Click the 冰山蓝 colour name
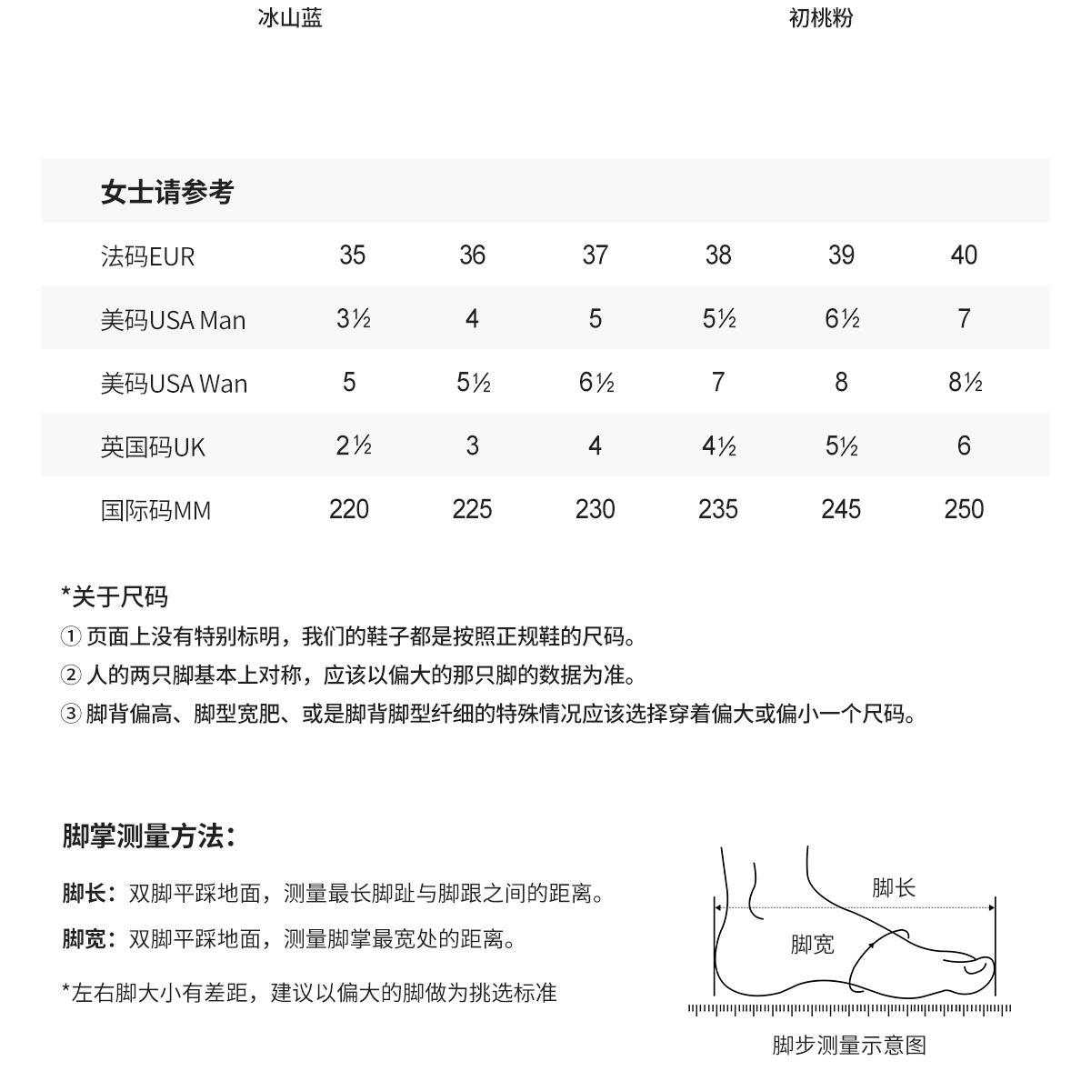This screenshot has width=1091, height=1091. coord(290,18)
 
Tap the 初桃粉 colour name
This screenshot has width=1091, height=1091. coord(821,18)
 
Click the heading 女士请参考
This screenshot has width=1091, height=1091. coord(167,192)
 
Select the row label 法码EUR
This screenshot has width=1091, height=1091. coord(147,256)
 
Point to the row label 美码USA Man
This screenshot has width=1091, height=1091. coord(173,320)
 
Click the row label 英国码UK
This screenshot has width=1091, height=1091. coord(153,447)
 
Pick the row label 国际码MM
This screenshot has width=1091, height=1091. coord(155,511)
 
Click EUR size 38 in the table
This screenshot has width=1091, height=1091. coord(718,255)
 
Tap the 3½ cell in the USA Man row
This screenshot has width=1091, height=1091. coord(353,319)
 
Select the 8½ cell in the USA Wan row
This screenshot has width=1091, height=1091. coord(965,383)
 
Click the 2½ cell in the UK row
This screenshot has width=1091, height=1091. coord(353,446)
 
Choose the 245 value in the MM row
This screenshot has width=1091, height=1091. coord(841,510)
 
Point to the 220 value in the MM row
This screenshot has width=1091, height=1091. coord(349,510)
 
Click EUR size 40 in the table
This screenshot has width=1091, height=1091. coord(964,255)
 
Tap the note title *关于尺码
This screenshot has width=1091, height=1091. coord(115,597)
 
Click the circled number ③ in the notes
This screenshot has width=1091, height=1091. coord(71,715)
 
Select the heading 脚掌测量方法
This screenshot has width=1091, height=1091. coord(149,836)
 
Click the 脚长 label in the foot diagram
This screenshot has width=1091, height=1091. coord(894,888)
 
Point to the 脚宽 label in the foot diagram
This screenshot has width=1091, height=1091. coord(812,946)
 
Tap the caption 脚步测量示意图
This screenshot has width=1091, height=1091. coord(849,1046)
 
